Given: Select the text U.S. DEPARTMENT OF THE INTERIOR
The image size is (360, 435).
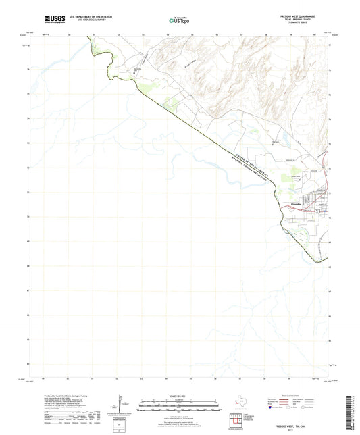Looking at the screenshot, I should (x=87, y=15).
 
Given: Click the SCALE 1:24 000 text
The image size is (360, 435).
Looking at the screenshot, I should (x=179, y=396).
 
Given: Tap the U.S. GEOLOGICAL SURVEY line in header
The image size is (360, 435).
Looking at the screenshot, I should (x=84, y=19).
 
